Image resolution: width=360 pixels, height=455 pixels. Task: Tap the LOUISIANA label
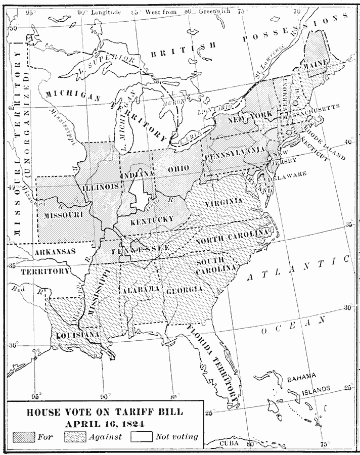pyautogui.click(x=72, y=336)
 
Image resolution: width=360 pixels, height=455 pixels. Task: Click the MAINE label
pyautogui.click(x=316, y=65)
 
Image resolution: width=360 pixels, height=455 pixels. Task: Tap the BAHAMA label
pyautogui.click(x=301, y=378)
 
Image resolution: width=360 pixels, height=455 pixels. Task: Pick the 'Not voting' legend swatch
pyautogui.click(x=142, y=436)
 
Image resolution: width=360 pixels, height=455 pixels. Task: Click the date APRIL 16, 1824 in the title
pyautogui.click(x=105, y=423)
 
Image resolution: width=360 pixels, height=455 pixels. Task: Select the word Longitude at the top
pyautogui.click(x=106, y=12)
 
